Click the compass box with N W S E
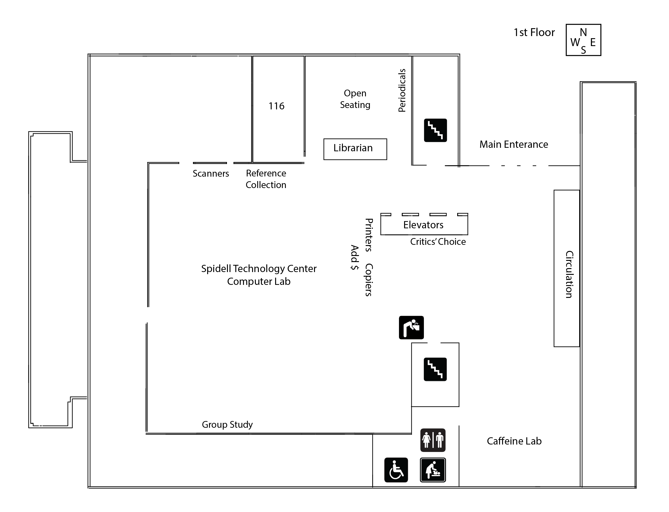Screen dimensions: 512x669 (583, 40)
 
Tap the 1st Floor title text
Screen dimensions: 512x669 (534, 33)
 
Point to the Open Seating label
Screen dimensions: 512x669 (355, 99)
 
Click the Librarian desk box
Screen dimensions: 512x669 (355, 149)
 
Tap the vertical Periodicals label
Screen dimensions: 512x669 (402, 91)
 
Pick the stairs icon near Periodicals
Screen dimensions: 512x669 (435, 130)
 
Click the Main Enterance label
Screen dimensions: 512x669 (514, 145)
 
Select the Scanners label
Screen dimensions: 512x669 (211, 174)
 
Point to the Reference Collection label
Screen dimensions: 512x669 (266, 179)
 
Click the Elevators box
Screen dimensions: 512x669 (424, 225)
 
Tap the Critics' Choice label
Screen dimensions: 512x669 (438, 242)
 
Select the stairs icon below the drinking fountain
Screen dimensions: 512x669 (435, 369)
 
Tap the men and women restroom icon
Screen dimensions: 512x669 (433, 440)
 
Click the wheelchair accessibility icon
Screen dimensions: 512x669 (396, 470)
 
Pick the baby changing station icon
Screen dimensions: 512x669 (433, 470)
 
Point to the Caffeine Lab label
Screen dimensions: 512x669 (514, 441)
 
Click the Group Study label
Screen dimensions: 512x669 (227, 424)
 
